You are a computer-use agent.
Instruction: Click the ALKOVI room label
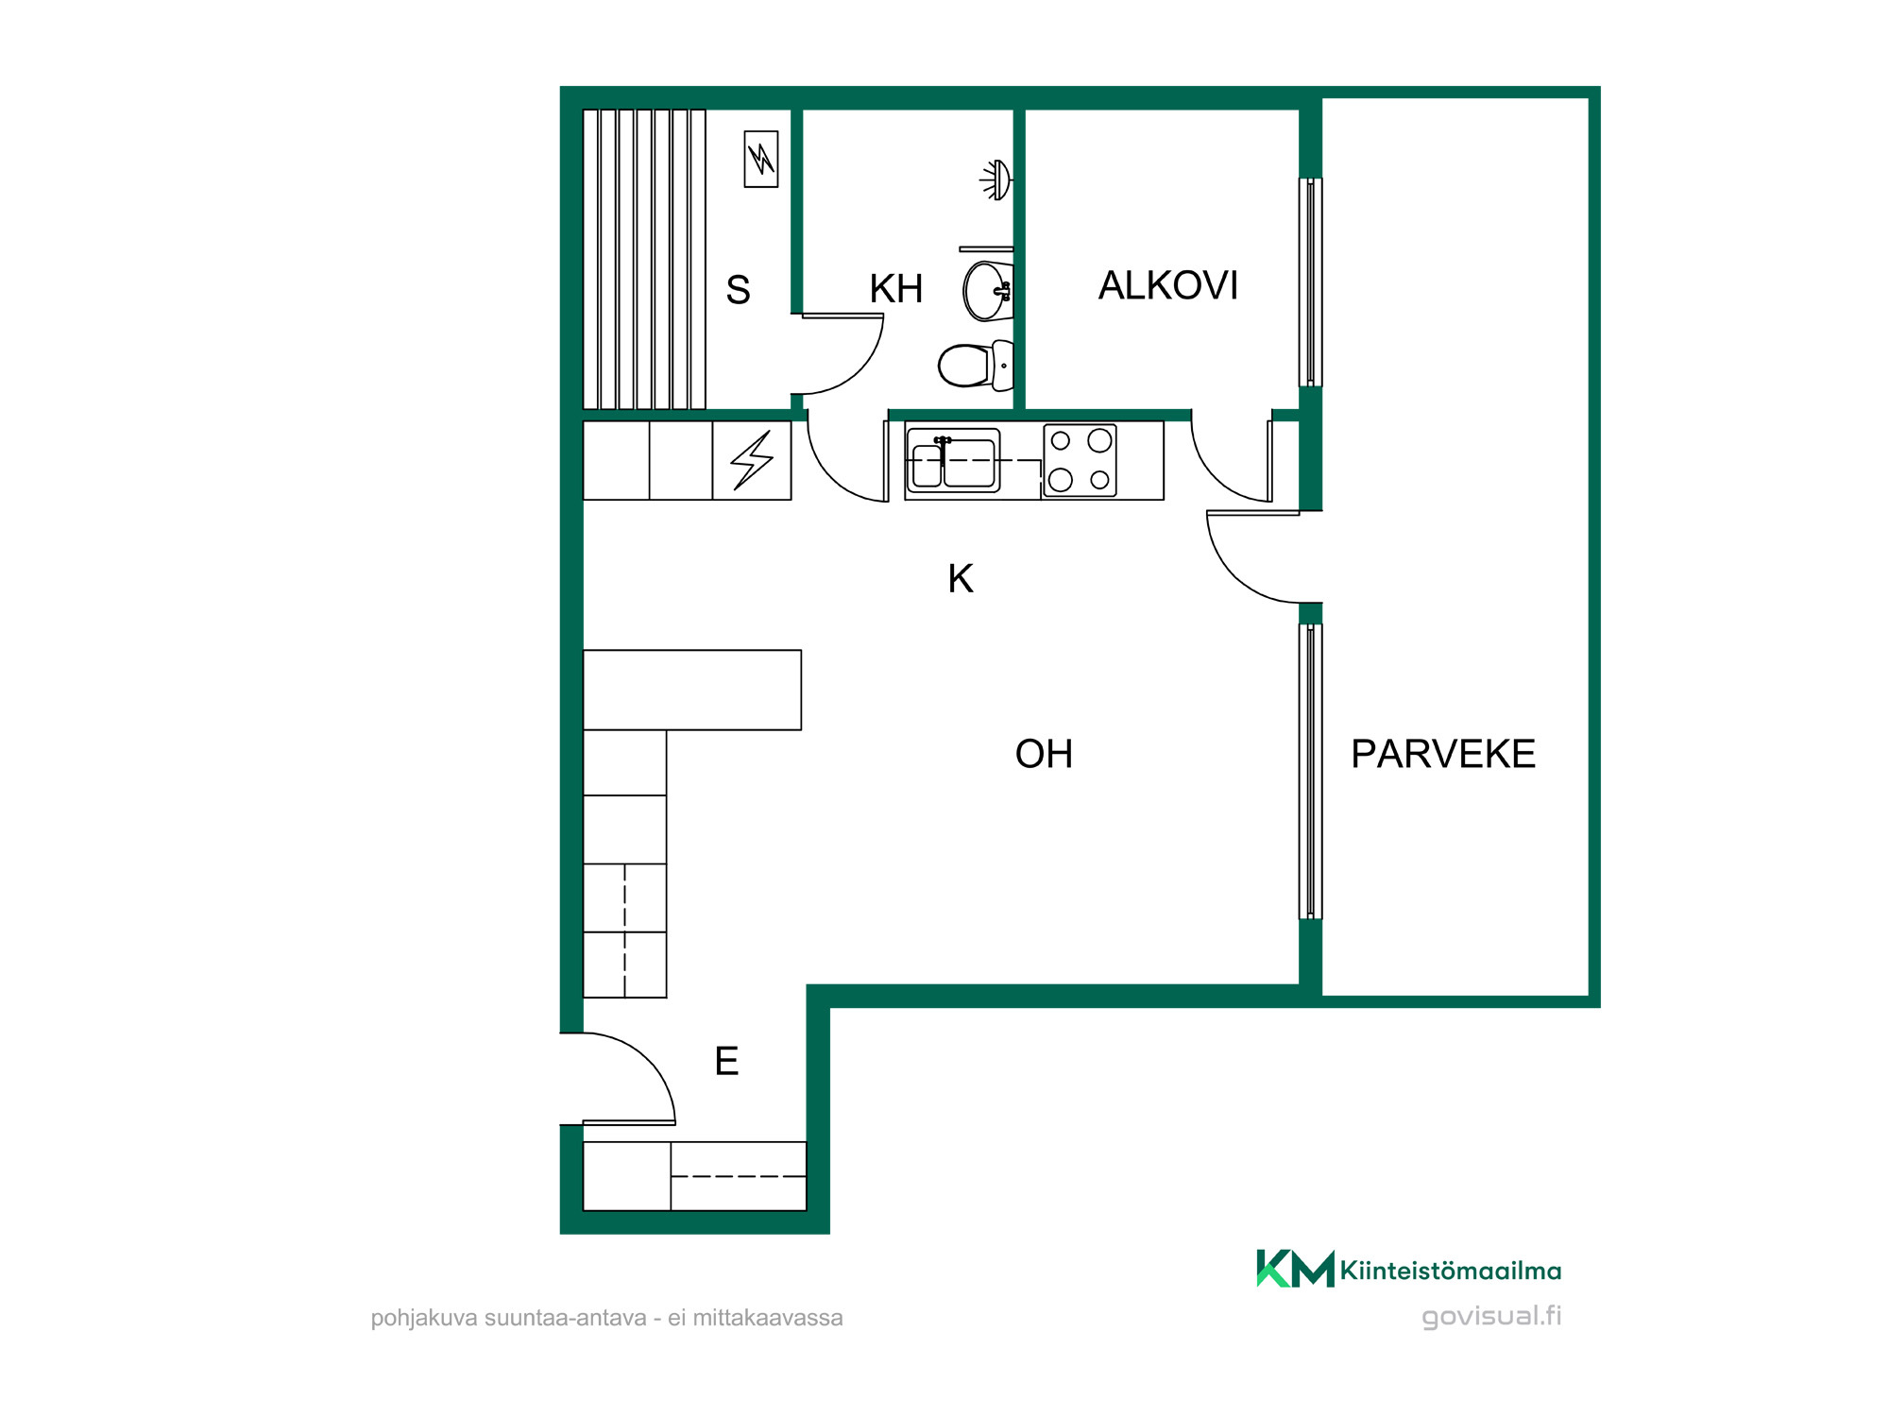[1168, 285]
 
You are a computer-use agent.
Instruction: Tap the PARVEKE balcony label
[1443, 754]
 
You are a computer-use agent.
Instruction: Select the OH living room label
[1044, 754]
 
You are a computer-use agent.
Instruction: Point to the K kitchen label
[961, 578]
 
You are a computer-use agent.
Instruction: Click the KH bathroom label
[896, 289]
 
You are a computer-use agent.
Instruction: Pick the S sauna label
[739, 290]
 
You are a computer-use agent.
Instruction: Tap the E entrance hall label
[726, 1061]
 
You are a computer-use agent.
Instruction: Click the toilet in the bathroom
[976, 366]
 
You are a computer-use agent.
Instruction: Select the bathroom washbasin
[988, 291]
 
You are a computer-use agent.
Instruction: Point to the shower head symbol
[996, 179]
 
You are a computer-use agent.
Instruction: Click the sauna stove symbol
[761, 159]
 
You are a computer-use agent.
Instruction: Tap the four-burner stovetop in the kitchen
[1080, 460]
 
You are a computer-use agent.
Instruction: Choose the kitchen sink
[953, 460]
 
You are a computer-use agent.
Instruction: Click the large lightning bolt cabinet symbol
[752, 460]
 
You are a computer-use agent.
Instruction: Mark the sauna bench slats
[644, 259]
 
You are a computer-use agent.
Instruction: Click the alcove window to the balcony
[1311, 282]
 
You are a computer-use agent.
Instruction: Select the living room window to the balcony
[1311, 771]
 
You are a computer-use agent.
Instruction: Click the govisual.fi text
[1491, 1316]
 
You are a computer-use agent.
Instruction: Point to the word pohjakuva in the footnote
[424, 1318]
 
